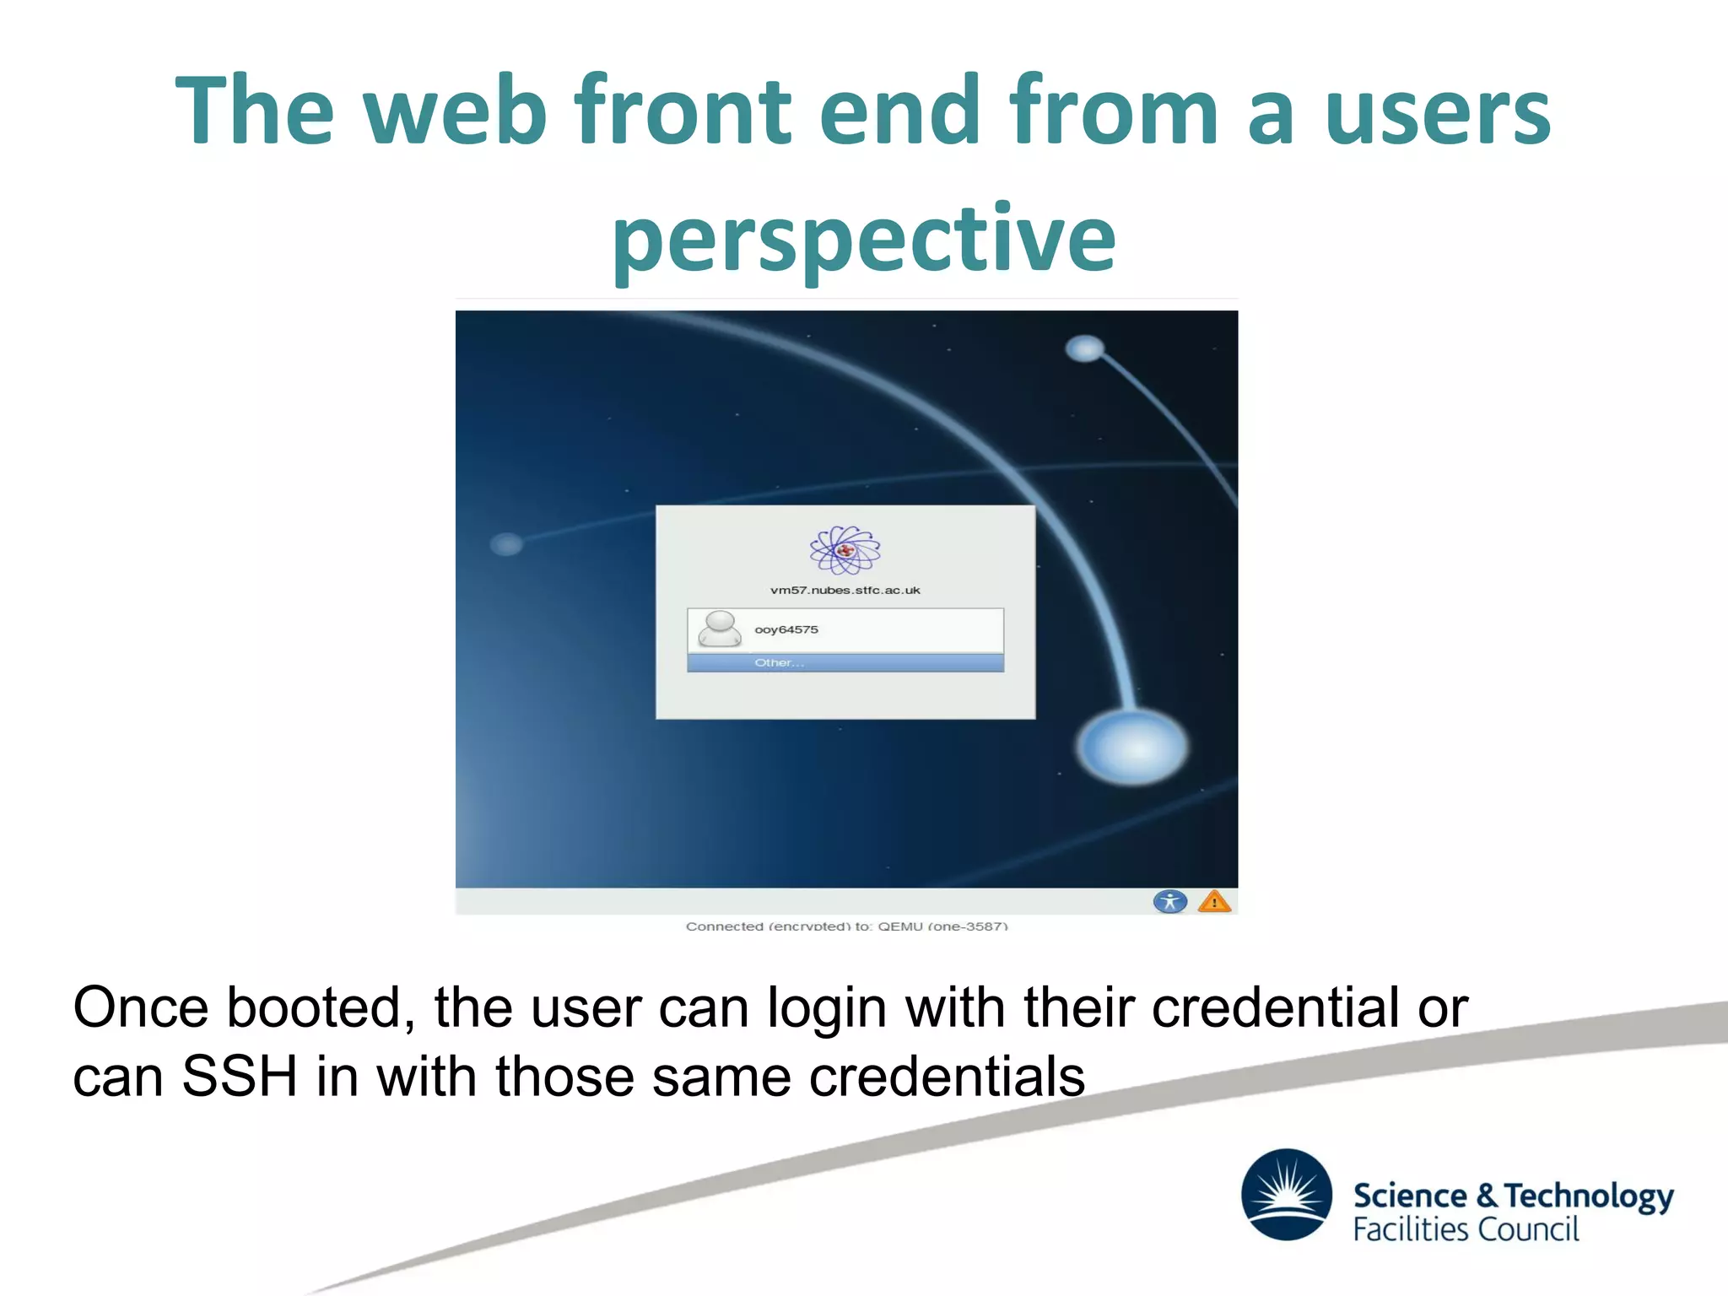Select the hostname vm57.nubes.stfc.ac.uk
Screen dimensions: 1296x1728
tap(845, 590)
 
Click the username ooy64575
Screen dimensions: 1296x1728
tap(786, 629)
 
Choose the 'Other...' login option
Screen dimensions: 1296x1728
tap(779, 663)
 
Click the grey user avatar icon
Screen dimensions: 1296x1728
tap(720, 629)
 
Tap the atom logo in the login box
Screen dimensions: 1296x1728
tap(845, 551)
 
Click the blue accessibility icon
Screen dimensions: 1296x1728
tap(1169, 901)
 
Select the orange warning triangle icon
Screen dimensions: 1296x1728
tap(1214, 902)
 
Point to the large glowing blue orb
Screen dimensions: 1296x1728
tap(1133, 747)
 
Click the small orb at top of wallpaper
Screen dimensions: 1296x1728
tap(1084, 348)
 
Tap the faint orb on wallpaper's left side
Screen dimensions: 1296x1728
tap(506, 544)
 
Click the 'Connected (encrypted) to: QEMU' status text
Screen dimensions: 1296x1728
tap(846, 926)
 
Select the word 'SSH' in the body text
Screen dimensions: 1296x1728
tap(240, 1077)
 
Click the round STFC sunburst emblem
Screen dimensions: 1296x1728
tap(1286, 1194)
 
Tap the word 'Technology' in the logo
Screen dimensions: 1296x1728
tap(1588, 1196)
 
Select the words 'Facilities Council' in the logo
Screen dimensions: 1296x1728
tap(1466, 1229)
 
